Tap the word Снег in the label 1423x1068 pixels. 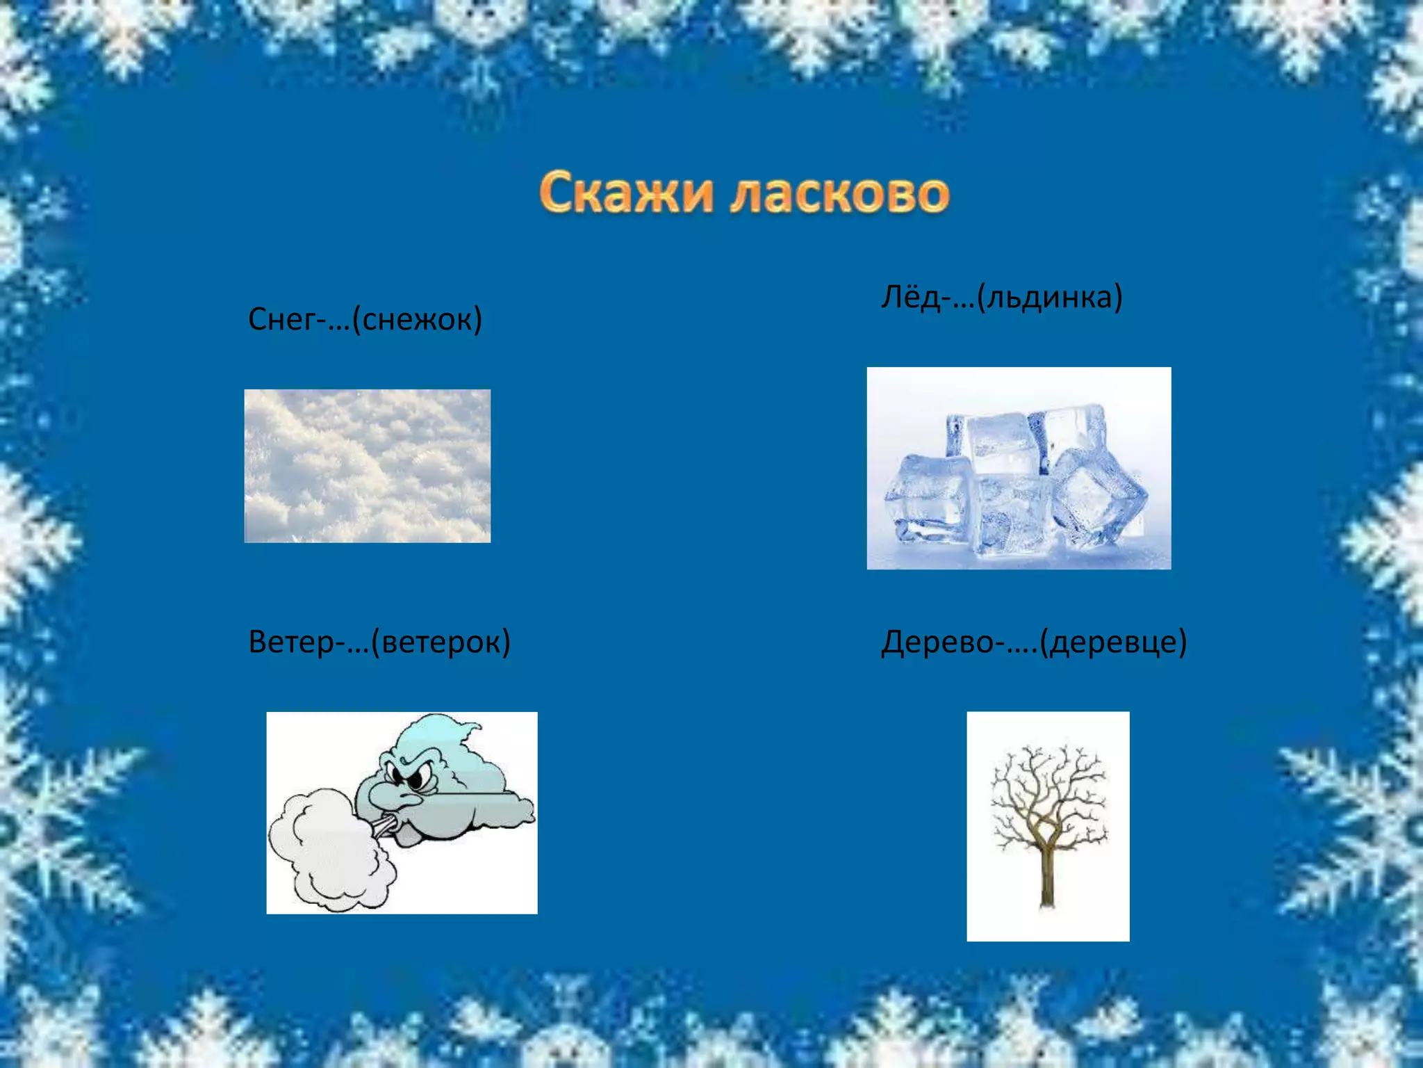[281, 320]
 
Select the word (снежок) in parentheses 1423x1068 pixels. [417, 320]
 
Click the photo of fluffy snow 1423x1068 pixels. [368, 466]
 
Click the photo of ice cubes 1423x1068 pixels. [1019, 468]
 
